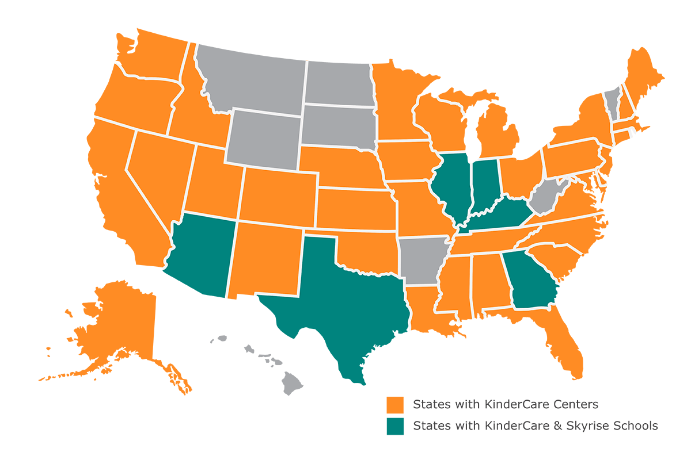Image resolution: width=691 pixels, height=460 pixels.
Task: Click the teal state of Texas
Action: (340, 299)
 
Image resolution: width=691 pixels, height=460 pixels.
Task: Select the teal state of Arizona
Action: (202, 253)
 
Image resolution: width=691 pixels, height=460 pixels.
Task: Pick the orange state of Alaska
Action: (115, 328)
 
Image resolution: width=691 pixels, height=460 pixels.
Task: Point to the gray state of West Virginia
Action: (544, 198)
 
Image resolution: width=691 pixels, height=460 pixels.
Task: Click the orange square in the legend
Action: (395, 404)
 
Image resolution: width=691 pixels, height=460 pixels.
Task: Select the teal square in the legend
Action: (395, 426)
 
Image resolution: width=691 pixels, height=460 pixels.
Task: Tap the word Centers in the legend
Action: (576, 404)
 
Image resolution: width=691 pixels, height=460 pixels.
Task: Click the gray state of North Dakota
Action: (337, 83)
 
